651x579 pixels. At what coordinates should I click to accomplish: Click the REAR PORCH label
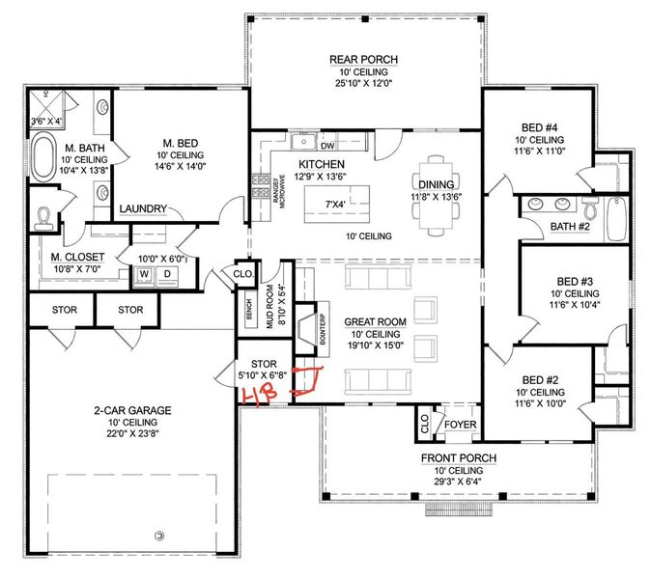pos(363,59)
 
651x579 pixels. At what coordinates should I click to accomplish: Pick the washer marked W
pos(146,273)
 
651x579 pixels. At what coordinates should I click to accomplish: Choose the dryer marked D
pos(166,273)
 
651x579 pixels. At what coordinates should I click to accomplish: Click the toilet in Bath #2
pos(589,207)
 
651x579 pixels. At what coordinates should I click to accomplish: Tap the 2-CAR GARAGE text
pos(134,410)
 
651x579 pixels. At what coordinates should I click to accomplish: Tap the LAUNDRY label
pos(144,209)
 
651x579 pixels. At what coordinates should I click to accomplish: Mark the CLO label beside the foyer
pos(424,422)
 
